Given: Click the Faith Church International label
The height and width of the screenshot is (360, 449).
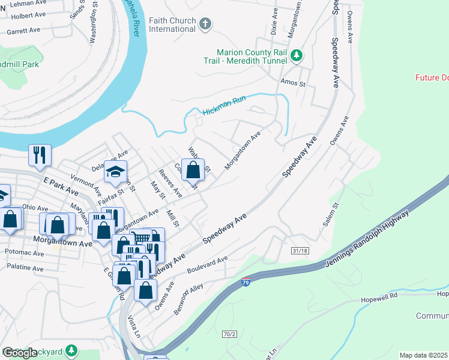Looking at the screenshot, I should pos(172,25).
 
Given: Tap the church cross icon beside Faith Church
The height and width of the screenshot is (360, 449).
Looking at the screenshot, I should pos(205,24).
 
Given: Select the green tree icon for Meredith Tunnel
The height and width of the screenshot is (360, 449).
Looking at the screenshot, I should pos(296,56).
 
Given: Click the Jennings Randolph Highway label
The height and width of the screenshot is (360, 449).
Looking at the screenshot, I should pos(367,239).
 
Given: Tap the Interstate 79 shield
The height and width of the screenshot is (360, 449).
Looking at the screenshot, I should pos(246,283).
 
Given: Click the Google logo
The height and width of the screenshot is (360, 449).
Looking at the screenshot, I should pos(20,353).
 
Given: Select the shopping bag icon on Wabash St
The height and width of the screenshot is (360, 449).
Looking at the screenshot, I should pos(193,170).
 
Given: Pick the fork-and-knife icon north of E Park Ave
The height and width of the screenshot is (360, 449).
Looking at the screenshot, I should pos(40,154).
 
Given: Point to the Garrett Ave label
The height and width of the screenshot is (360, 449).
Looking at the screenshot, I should pos(23,29).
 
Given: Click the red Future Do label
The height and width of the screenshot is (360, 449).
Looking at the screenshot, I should pos(432,77).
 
